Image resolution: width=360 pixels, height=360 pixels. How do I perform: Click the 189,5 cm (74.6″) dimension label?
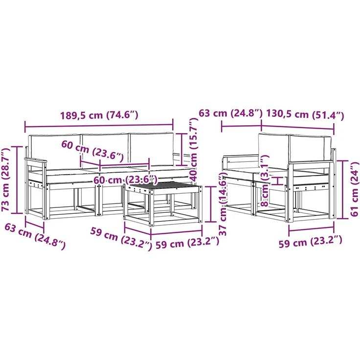tap(99, 115)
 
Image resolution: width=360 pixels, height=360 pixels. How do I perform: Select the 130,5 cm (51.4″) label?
tap(305, 114)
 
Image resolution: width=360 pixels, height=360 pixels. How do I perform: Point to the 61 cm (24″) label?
tap(355, 189)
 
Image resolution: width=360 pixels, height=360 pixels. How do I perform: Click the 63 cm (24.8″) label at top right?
tap(230, 113)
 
